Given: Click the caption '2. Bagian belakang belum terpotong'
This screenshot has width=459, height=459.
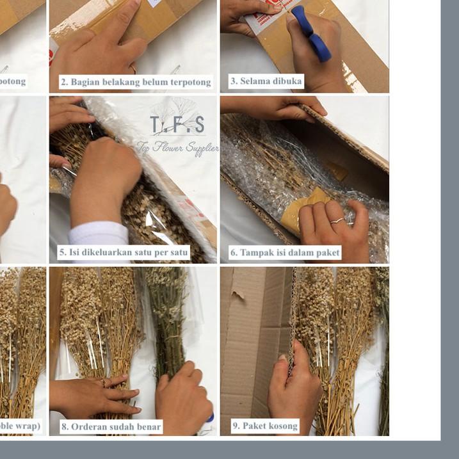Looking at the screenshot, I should pyautogui.click(x=135, y=82).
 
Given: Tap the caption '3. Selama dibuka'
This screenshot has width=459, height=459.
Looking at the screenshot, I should pyautogui.click(x=266, y=81).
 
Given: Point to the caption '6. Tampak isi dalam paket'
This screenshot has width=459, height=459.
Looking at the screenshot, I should pyautogui.click(x=285, y=252).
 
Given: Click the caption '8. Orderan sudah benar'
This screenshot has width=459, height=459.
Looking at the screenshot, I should pyautogui.click(x=111, y=426).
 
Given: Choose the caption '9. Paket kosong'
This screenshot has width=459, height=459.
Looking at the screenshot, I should pyautogui.click(x=264, y=426).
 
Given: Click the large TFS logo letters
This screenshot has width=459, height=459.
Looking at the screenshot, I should pyautogui.click(x=177, y=124).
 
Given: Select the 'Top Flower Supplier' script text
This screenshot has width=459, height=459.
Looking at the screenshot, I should pyautogui.click(x=177, y=148).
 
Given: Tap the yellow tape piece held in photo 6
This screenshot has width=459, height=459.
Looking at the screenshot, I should pyautogui.click(x=302, y=211).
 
